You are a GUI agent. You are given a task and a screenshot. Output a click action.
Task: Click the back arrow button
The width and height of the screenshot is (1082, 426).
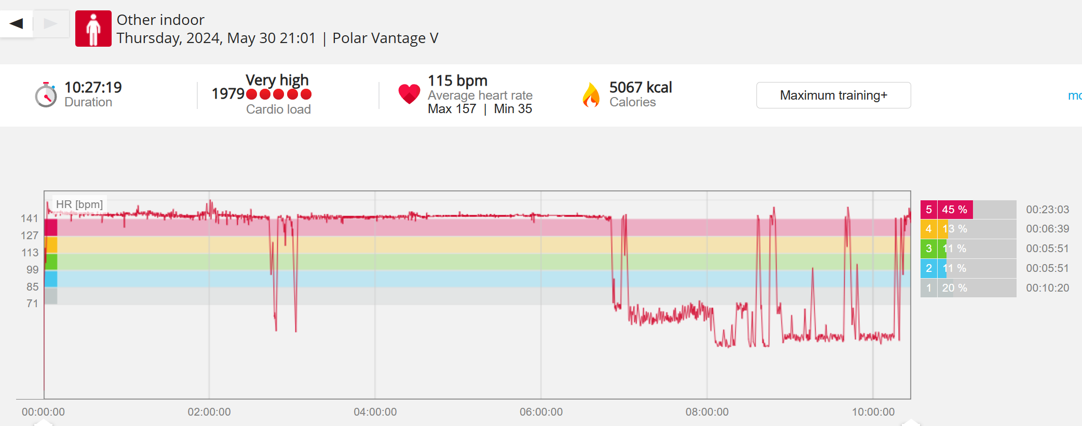pos(17,23)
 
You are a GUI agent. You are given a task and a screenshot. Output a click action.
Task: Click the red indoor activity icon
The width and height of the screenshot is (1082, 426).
pos(93,29)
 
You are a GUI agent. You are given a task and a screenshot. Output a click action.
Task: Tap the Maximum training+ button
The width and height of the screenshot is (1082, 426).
pos(833,95)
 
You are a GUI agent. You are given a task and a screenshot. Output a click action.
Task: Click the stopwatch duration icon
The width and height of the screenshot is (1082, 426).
pos(46,95)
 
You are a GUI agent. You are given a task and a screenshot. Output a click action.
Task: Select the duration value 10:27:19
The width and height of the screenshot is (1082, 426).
pos(93,87)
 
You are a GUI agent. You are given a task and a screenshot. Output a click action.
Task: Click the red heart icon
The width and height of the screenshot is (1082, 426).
pos(409,94)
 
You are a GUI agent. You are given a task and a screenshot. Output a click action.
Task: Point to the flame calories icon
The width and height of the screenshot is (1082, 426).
pos(591,95)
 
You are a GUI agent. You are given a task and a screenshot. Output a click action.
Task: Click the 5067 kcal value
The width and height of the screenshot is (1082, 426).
pos(640,87)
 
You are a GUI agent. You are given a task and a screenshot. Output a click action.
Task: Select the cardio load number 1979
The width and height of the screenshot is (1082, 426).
pos(228,93)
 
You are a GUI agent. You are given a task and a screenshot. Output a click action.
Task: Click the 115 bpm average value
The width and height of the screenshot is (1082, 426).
pos(457,80)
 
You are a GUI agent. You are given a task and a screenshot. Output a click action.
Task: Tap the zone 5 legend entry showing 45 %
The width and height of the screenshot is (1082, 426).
pos(954,210)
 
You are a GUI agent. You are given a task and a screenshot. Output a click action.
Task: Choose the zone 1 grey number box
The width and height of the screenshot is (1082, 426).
pos(928,288)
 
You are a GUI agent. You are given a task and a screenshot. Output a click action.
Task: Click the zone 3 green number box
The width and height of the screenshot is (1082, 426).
pos(928,249)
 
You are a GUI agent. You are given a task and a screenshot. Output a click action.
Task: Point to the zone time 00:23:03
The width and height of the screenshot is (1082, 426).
pos(1047,210)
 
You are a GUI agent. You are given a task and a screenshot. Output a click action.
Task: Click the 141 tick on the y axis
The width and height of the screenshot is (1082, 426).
pos(30,218)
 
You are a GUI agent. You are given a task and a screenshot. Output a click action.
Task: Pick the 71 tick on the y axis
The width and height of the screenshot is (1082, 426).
pos(32,304)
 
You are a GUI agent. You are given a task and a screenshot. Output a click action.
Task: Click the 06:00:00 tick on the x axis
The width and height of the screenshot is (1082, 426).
pos(541,412)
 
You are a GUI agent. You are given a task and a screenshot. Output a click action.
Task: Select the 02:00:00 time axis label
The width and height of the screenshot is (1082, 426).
pos(209,412)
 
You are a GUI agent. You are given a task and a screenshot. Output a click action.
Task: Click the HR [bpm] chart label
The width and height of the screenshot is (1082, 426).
pos(79,204)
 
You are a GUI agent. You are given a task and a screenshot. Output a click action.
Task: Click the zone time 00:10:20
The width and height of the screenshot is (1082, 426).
pos(1047,288)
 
